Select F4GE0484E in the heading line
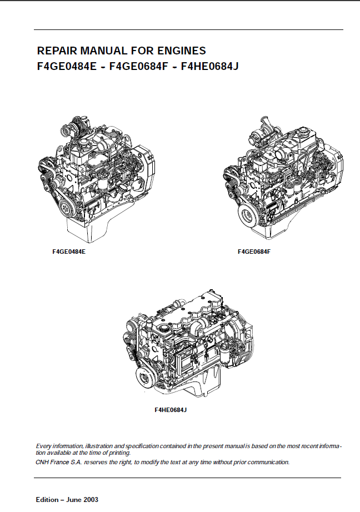coord(67,66)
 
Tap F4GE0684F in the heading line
coord(138,66)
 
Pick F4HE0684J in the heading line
coord(210,66)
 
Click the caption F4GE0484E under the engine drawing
coord(69,252)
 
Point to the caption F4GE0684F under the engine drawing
coord(254,252)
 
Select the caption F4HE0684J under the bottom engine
coord(171,410)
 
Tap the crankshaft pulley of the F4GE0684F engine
coord(248,216)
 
